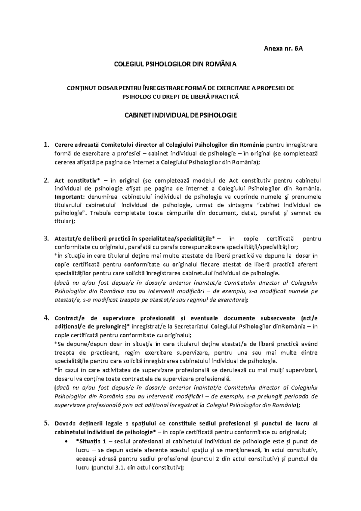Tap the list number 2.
pyautogui.click(x=46, y=181)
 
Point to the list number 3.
pyautogui.click(x=46, y=239)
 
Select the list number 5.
pyautogui.click(x=46, y=424)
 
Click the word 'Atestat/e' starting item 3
pyautogui.click(x=66, y=239)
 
